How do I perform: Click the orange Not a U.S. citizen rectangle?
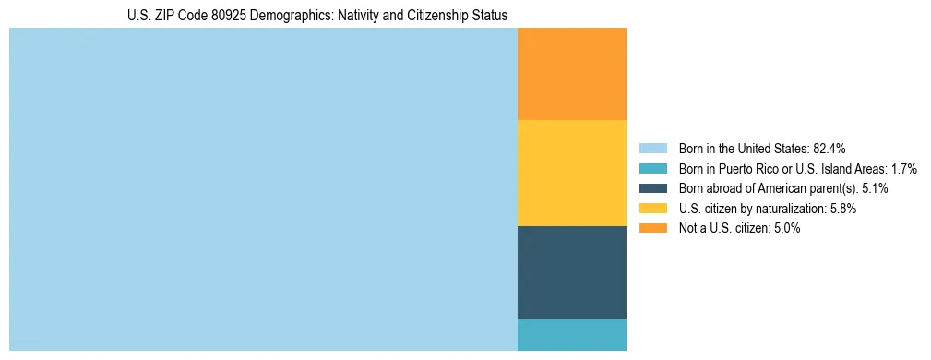point(571,74)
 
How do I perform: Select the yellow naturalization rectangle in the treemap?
point(571,173)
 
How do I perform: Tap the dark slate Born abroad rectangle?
point(571,272)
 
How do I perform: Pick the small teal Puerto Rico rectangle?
point(571,334)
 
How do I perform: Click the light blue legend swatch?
point(653,149)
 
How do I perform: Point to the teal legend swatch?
point(653,169)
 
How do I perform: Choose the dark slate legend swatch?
point(653,188)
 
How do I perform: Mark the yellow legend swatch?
point(653,209)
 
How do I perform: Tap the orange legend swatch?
point(653,228)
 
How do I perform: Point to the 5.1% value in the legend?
point(876,188)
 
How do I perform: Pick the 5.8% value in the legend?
point(842,209)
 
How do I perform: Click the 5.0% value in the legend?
point(786,228)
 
